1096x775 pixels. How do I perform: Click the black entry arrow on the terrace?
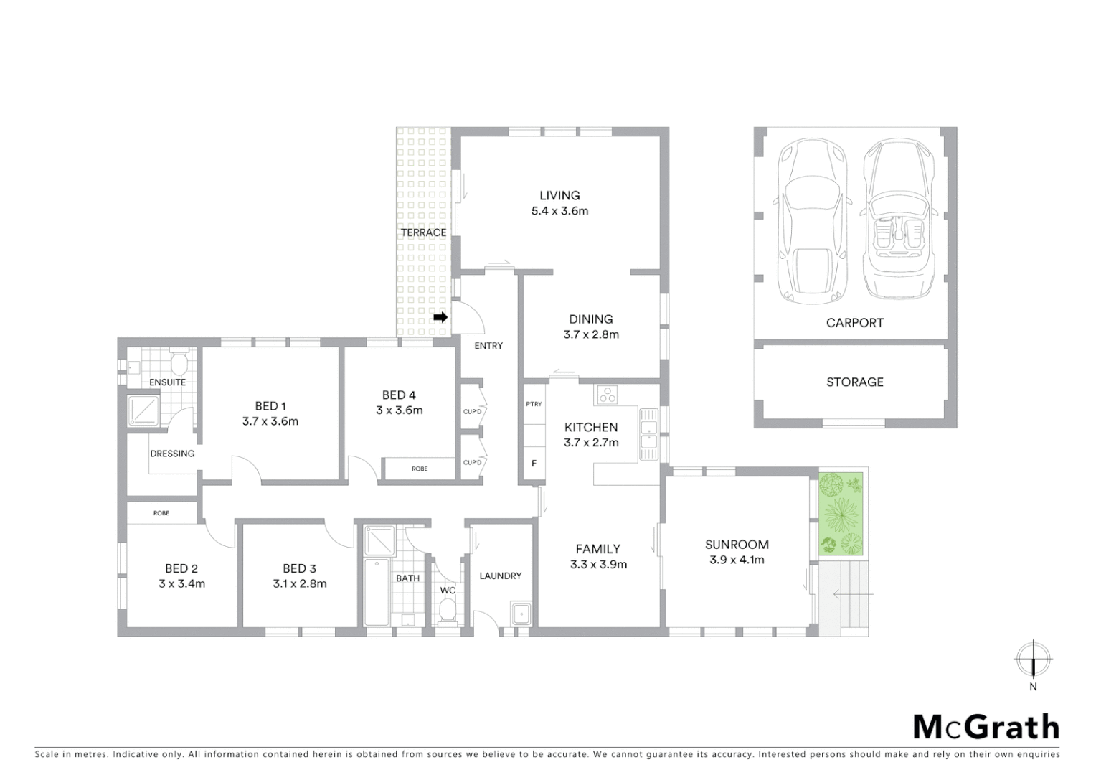point(440,316)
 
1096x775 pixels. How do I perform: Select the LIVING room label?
point(559,195)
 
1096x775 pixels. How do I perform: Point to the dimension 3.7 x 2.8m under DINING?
point(591,334)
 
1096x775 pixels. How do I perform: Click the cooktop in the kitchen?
point(608,394)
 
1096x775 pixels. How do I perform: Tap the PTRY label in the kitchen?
point(534,404)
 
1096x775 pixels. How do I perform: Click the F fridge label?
point(534,464)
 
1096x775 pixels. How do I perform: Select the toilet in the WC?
point(448,612)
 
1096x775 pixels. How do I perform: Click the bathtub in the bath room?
point(377,592)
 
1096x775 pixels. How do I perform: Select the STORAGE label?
point(854,382)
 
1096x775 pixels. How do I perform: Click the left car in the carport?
point(811,221)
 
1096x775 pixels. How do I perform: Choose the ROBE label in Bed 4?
point(420,469)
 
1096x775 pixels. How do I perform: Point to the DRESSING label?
point(172,454)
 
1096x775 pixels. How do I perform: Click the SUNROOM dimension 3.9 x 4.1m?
point(737,560)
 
